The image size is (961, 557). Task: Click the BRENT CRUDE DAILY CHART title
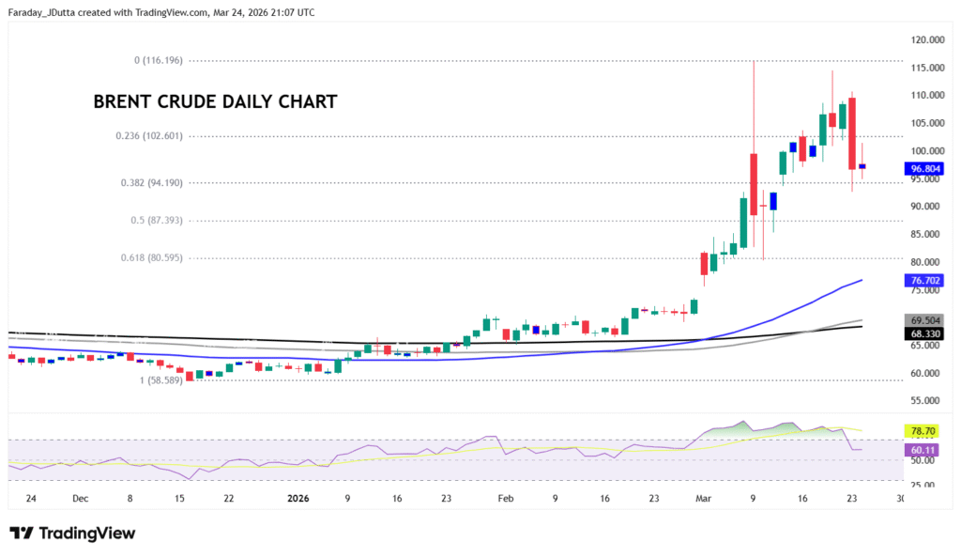point(215,102)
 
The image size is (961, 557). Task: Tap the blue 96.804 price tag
point(923,169)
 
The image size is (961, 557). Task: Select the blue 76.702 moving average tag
point(923,280)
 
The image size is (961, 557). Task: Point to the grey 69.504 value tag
point(923,320)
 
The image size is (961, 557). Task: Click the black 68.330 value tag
point(923,333)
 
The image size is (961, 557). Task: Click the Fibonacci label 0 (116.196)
point(158,60)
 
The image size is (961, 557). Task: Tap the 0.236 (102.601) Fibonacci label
point(149,135)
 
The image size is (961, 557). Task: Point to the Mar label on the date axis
point(703,498)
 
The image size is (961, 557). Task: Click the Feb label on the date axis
point(507,498)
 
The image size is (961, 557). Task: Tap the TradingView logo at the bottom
point(72,534)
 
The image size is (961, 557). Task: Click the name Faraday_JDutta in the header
point(45,12)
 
